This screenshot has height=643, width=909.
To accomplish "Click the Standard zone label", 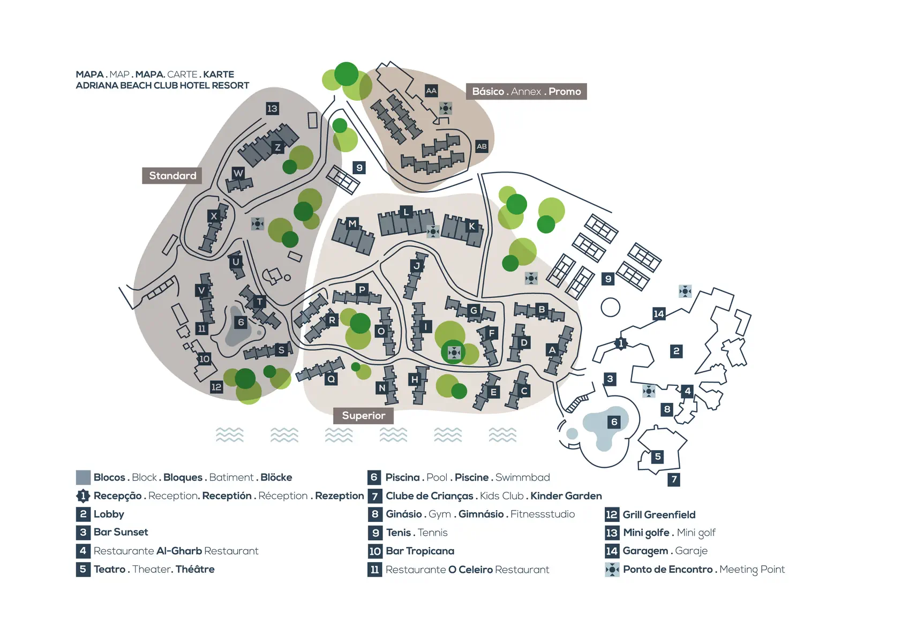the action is tap(172, 176).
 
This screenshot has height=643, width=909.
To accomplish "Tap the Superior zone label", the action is tap(363, 416).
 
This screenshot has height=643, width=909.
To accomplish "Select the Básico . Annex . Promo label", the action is tap(527, 91).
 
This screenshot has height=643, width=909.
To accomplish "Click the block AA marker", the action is tap(431, 91).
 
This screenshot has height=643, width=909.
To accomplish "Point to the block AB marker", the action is tap(482, 146).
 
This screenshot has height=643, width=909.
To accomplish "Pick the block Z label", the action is tap(277, 147).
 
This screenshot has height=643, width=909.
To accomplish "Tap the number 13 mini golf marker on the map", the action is tap(272, 109).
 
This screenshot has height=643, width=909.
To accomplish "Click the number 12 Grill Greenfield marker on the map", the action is tap(216, 387).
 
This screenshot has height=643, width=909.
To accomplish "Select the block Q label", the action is tap(331, 379).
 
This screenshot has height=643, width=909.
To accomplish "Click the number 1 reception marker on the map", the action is tap(620, 344).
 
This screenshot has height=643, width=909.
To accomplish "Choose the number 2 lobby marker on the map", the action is tap(676, 351).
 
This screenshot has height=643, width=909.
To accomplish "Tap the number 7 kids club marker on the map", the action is tap(674, 480).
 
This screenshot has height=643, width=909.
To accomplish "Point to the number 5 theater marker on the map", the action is tap(658, 457).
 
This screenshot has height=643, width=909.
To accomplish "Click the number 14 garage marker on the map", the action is tap(659, 314).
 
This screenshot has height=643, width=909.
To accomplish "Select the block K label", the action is tap(471, 227).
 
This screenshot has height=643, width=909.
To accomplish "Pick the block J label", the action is tap(416, 266).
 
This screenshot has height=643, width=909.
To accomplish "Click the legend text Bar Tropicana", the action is tap(420, 551).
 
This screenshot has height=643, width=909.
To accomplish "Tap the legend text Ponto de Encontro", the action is tap(667, 570).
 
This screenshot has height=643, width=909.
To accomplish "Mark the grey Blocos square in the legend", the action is tap(83, 477).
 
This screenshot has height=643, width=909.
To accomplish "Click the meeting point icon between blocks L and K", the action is tap(433, 232).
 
